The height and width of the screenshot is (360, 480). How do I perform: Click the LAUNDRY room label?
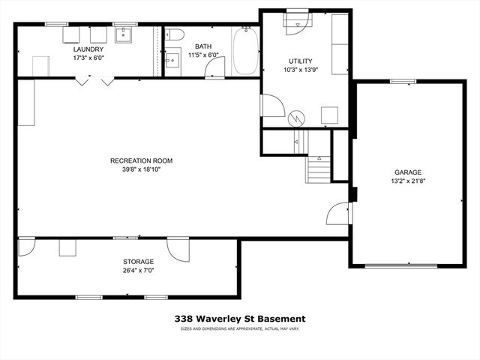point(89,49)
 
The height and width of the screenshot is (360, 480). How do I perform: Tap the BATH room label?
point(203,46)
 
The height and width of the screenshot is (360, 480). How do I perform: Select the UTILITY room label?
point(301,61)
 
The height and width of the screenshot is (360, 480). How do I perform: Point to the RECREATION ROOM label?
point(142,160)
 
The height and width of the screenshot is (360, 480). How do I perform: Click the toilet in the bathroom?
point(174,34)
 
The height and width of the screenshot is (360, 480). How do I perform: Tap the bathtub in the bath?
point(245,51)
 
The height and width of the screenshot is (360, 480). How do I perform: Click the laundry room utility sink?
point(124,35)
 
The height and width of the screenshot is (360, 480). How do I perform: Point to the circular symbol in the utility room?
point(298,118)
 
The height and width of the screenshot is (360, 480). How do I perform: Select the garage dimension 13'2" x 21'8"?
point(409,180)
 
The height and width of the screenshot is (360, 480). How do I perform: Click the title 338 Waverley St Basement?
point(240,319)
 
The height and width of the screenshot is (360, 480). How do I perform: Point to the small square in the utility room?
point(328,115)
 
